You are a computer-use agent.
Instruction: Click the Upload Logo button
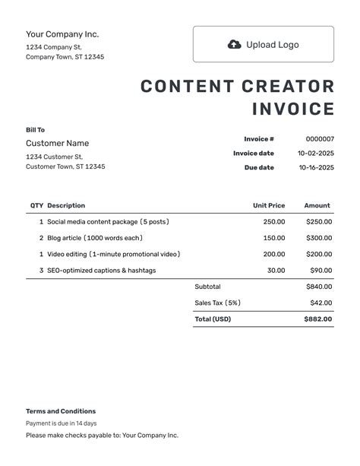click(x=263, y=44)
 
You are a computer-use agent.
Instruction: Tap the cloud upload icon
click(x=235, y=44)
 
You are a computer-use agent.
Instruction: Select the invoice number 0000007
click(x=320, y=139)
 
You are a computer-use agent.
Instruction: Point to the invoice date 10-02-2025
click(x=316, y=154)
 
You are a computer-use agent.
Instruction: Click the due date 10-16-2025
click(x=316, y=167)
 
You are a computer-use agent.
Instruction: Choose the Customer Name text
click(x=57, y=143)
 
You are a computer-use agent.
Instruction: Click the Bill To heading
click(x=35, y=130)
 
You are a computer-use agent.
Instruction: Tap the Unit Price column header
click(x=269, y=205)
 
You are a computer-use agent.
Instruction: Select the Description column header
click(x=66, y=205)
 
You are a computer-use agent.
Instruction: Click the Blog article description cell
click(x=95, y=238)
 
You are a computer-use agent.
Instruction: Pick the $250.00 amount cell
click(x=319, y=222)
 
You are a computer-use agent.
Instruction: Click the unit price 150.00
click(x=274, y=238)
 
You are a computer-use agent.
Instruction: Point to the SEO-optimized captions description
click(x=101, y=270)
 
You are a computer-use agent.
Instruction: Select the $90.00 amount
click(x=321, y=270)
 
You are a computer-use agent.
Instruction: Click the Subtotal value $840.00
click(x=319, y=287)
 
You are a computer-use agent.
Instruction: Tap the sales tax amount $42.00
click(x=321, y=303)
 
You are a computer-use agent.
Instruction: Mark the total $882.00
click(x=319, y=319)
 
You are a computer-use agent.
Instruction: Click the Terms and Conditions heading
click(x=61, y=411)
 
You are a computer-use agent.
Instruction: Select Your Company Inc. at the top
click(x=62, y=34)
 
